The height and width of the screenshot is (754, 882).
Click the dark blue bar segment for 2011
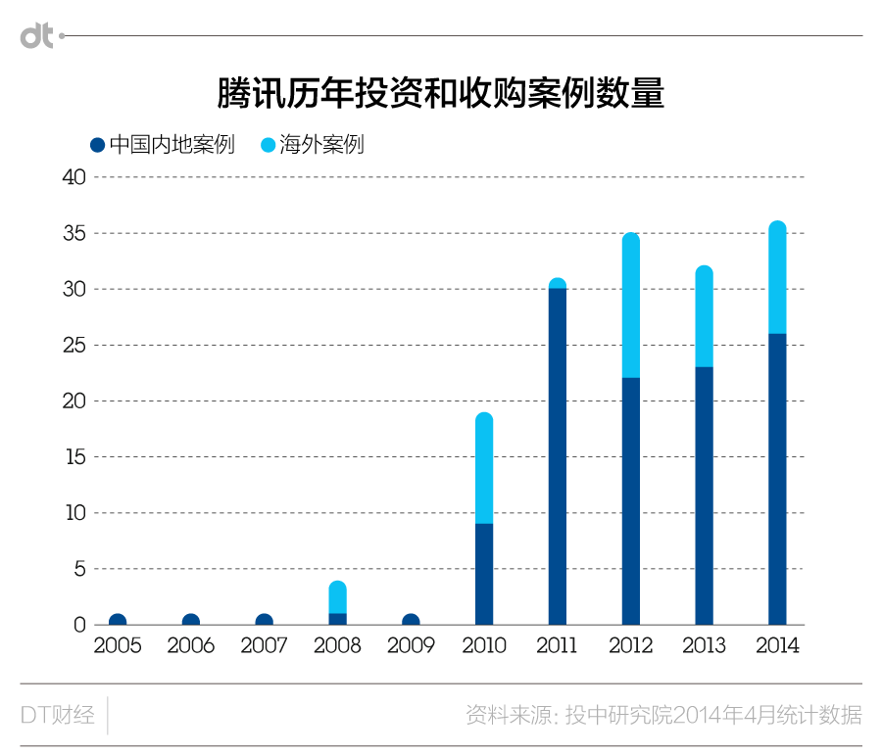(x=558, y=456)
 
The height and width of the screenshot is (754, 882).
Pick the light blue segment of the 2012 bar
(x=631, y=306)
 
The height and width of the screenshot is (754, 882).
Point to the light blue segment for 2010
(x=484, y=469)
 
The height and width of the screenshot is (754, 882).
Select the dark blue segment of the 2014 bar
(x=777, y=479)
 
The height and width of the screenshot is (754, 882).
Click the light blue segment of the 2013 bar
(x=704, y=317)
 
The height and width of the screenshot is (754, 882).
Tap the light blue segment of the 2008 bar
(x=338, y=597)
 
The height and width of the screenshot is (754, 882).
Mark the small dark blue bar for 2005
(x=118, y=620)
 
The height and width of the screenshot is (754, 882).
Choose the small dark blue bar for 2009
(x=412, y=620)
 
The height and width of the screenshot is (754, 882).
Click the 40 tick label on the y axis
(x=75, y=177)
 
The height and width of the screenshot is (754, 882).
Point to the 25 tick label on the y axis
(x=75, y=346)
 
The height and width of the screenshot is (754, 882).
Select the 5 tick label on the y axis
(x=81, y=569)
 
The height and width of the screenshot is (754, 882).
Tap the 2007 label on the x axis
(x=264, y=646)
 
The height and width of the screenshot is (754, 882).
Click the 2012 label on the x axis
(x=631, y=646)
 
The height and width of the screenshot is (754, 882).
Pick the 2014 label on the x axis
(x=777, y=646)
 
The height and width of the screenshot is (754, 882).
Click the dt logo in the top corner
(x=37, y=36)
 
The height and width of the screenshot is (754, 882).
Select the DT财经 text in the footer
(x=57, y=715)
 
